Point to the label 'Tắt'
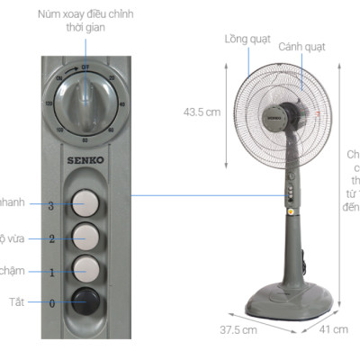[x=15, y=301]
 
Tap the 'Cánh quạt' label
[x=301, y=46]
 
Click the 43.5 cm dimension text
[x=202, y=112]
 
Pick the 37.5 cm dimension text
[x=238, y=330]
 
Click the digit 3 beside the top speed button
[x=51, y=205]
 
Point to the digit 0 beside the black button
[x=51, y=303]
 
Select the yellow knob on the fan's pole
[x=292, y=212]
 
